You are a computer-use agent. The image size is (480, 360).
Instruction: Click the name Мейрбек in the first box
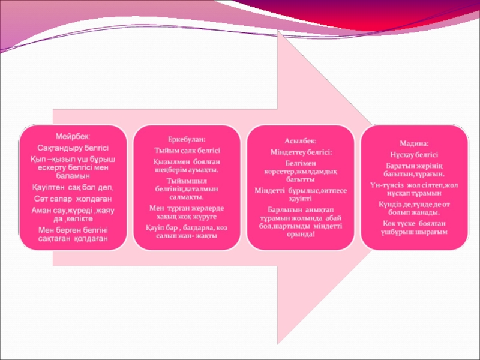[x=73, y=137]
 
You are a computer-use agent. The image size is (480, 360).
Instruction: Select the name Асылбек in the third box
[x=300, y=140]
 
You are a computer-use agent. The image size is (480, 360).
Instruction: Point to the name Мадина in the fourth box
[x=414, y=144]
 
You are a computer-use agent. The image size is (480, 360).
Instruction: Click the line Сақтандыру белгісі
[x=73, y=148]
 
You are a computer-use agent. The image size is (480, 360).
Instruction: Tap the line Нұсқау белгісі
[x=414, y=154]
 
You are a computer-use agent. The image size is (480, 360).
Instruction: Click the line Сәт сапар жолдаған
[x=73, y=198]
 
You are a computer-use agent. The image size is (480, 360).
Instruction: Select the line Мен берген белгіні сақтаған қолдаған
[x=73, y=234]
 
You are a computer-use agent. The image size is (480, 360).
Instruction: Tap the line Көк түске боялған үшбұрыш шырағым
[x=414, y=227]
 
